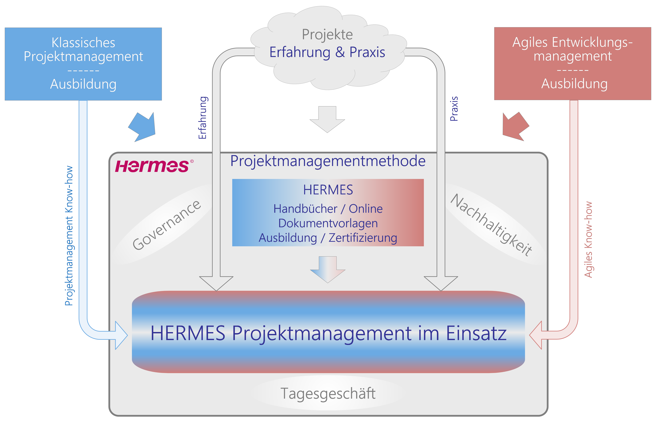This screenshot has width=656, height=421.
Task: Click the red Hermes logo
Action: point(152,166)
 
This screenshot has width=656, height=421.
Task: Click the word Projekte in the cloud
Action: point(327,34)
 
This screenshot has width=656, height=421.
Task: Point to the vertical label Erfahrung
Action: point(202,118)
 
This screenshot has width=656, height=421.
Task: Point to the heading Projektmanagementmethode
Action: point(328,161)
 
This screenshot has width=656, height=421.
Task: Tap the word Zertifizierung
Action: point(363,238)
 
